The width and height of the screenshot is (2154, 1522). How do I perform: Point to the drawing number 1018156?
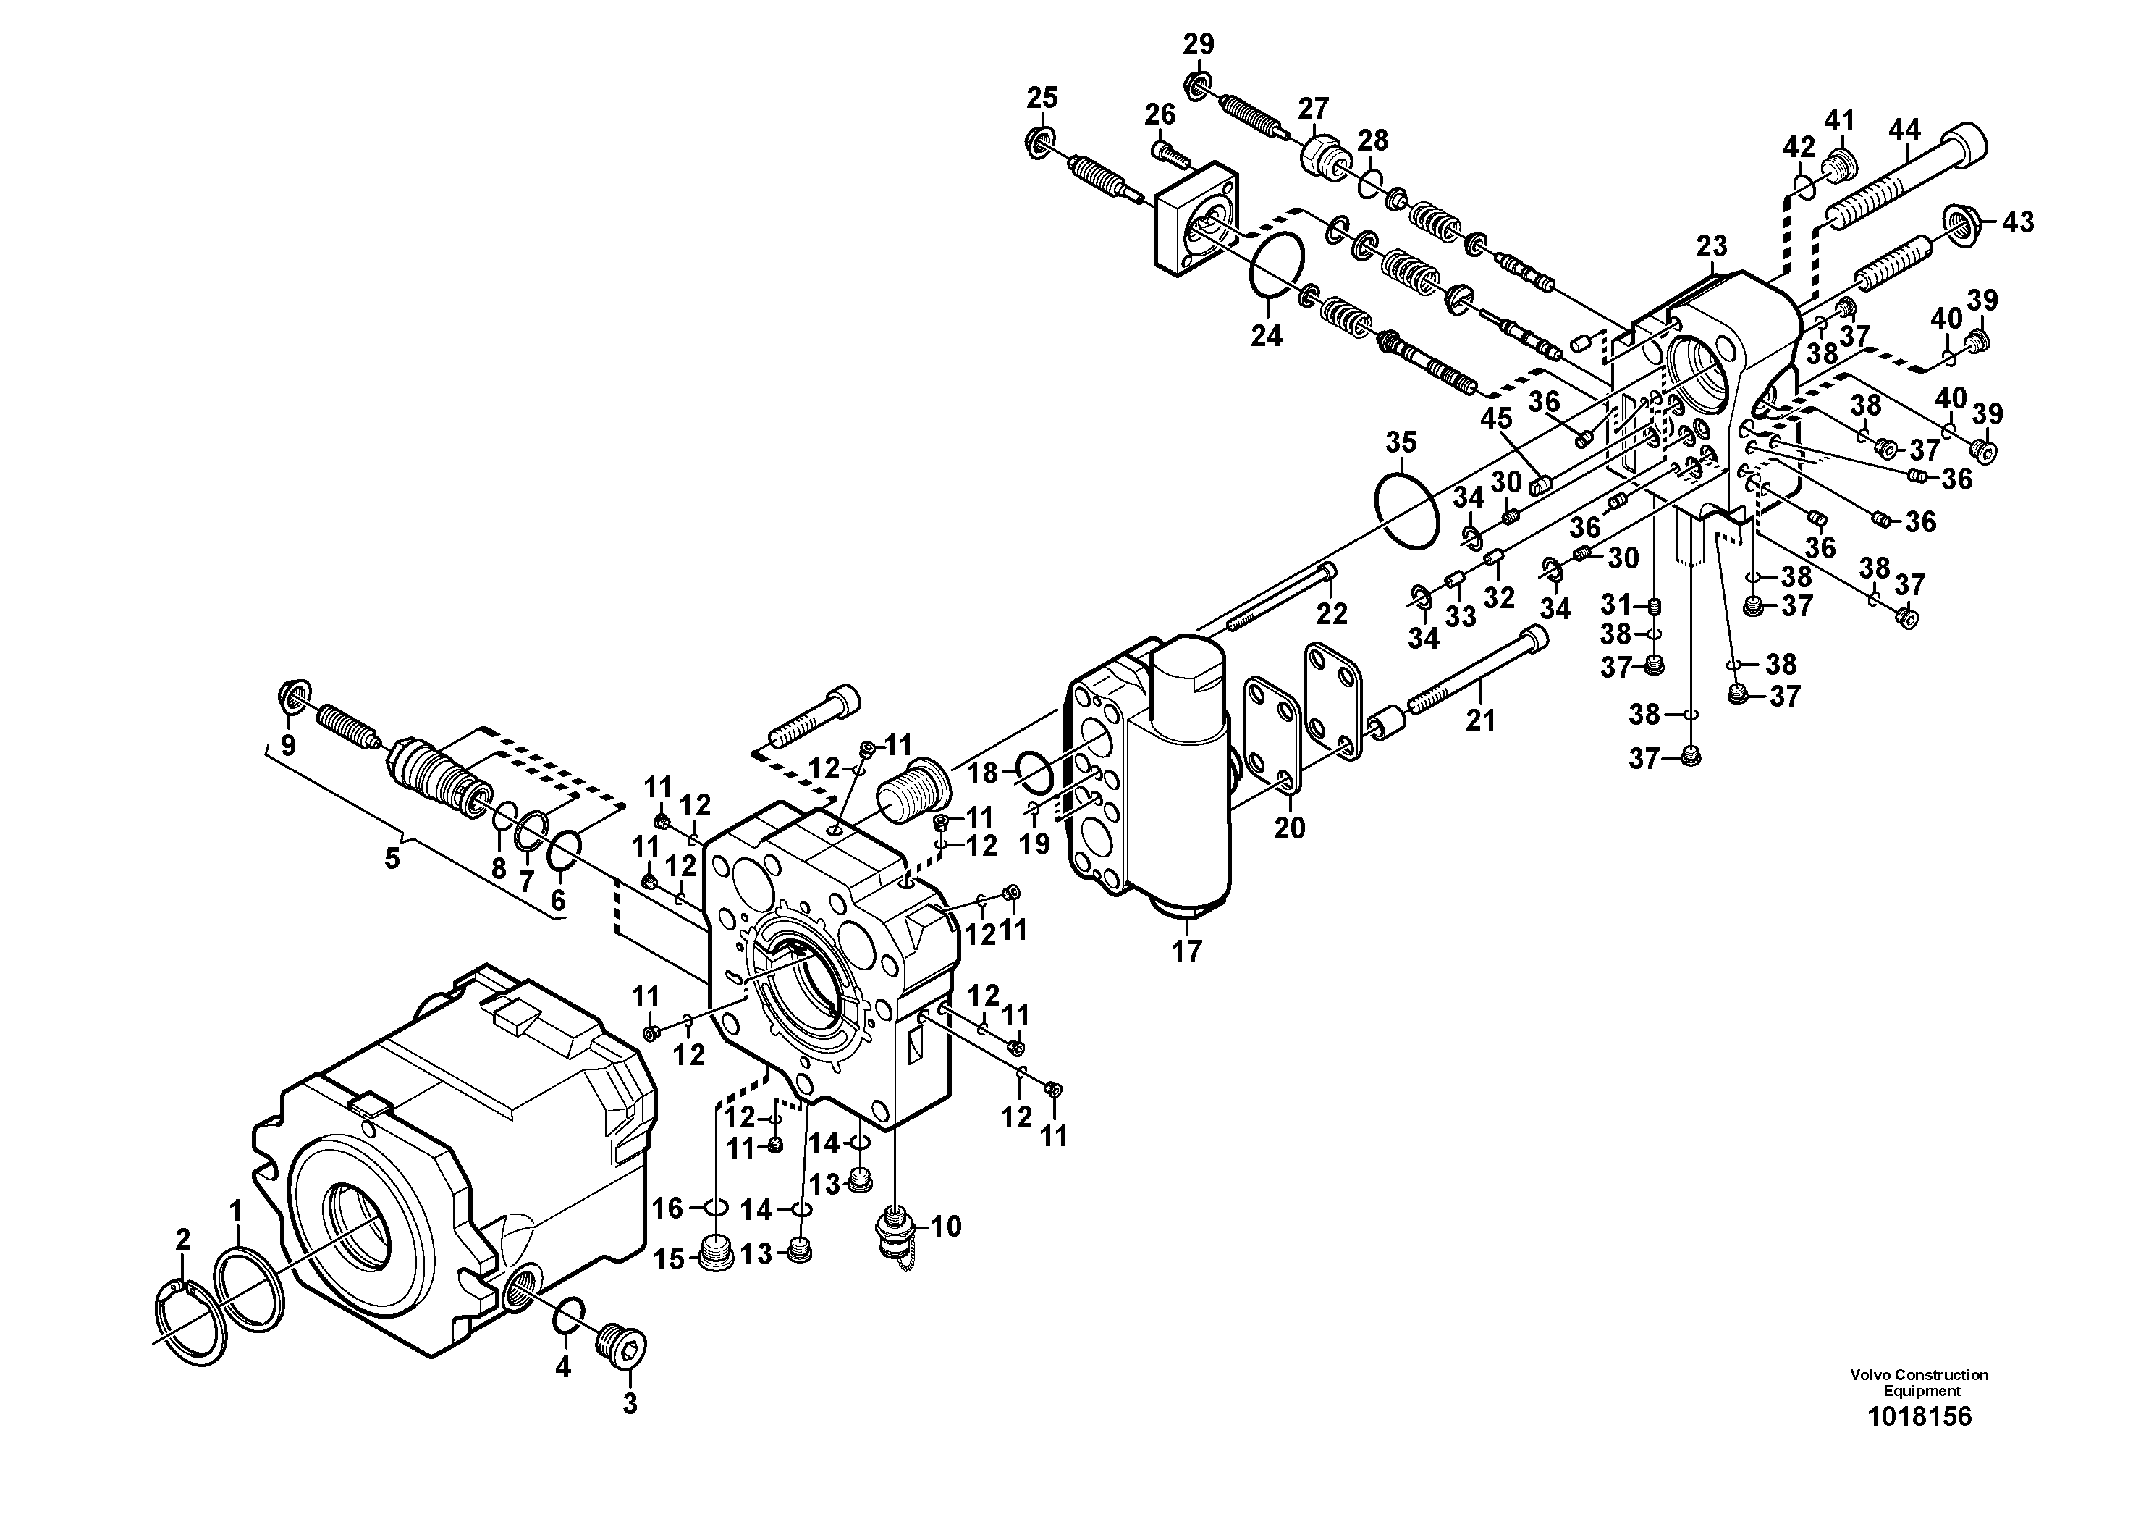[1919, 1443]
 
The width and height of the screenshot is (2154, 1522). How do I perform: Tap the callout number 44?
[1904, 130]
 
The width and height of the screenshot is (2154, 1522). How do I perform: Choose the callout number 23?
[1711, 247]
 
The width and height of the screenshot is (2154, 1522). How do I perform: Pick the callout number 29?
[1198, 44]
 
